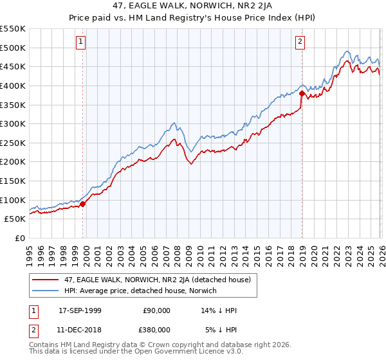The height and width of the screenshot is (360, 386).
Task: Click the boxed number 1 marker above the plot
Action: tap(81, 42)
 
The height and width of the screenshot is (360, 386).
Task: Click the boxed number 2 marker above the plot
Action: tap(300, 42)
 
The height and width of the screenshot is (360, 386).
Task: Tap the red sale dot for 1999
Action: tap(83, 204)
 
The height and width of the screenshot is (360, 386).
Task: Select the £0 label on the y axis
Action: tap(19, 238)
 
